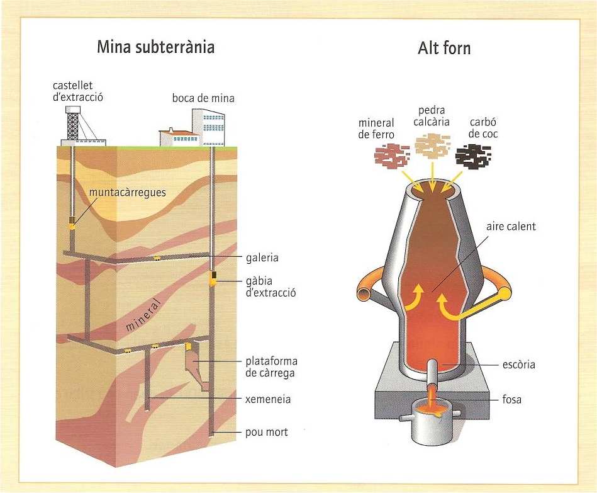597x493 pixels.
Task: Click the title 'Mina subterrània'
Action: [155, 47]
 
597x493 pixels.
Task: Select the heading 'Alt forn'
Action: [444, 48]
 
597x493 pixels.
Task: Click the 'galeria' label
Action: [262, 258]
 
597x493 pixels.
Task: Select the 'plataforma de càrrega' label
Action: [271, 366]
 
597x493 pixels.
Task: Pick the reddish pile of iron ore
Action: [393, 155]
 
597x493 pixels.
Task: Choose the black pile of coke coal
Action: [474, 155]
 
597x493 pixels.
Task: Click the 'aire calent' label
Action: [510, 227]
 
